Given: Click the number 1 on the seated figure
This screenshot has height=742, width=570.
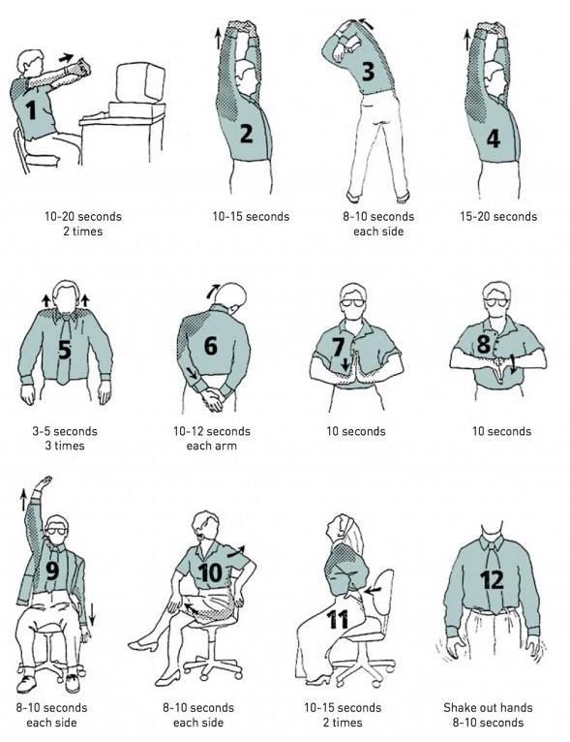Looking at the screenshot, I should pyautogui.click(x=32, y=110).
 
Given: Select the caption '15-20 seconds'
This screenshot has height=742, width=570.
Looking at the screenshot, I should pyautogui.click(x=497, y=216).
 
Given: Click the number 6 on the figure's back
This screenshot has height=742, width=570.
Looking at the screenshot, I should pyautogui.click(x=210, y=344).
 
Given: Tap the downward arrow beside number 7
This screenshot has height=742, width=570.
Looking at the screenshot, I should pyautogui.click(x=345, y=364).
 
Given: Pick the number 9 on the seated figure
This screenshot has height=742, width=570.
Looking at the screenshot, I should pyautogui.click(x=52, y=571).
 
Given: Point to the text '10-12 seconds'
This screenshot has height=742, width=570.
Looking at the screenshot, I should pyautogui.click(x=211, y=431).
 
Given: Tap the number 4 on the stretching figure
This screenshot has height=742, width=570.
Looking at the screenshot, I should pyautogui.click(x=493, y=139).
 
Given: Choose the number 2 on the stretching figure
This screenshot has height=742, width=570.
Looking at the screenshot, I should pyautogui.click(x=246, y=133).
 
